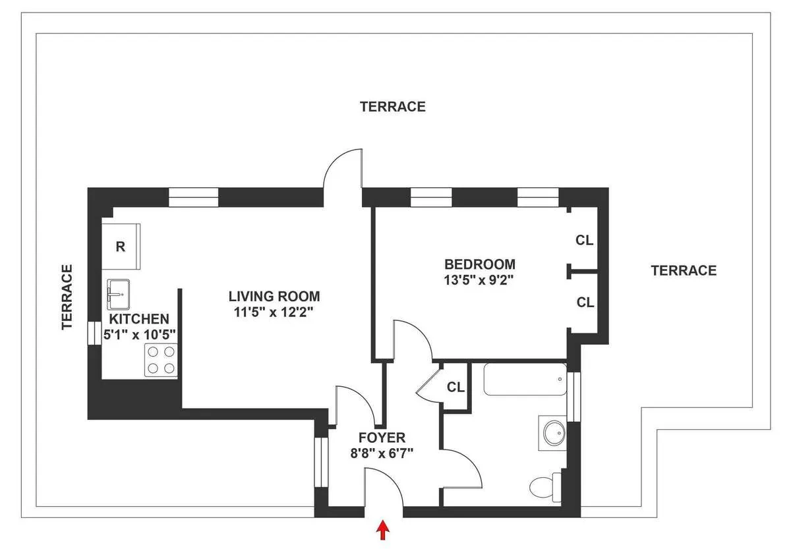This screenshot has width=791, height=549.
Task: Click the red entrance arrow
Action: pos(383,530)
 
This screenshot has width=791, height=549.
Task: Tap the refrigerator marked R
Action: pos(121,247)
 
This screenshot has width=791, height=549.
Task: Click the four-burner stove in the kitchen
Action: pos(161,360)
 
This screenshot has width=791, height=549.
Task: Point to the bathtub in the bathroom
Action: pos(525,380)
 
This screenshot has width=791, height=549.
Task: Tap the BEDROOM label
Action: pos(479,264)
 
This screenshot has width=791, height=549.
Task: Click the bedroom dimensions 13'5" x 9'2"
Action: pos(479,279)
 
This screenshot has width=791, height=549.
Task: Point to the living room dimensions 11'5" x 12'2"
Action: pos(274,312)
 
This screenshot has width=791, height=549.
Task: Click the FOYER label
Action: pos(382,438)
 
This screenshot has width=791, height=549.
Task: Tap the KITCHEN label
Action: pos(140,319)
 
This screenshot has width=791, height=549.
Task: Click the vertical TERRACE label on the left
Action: pos(67,297)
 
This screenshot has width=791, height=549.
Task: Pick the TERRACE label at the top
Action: pos(392,106)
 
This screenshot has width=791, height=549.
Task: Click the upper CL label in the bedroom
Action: pos(585,241)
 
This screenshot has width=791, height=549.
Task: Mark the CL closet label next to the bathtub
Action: pos(455,388)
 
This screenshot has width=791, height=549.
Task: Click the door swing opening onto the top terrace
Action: pos(343,169)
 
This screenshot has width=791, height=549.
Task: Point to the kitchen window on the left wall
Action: pos(92,333)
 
